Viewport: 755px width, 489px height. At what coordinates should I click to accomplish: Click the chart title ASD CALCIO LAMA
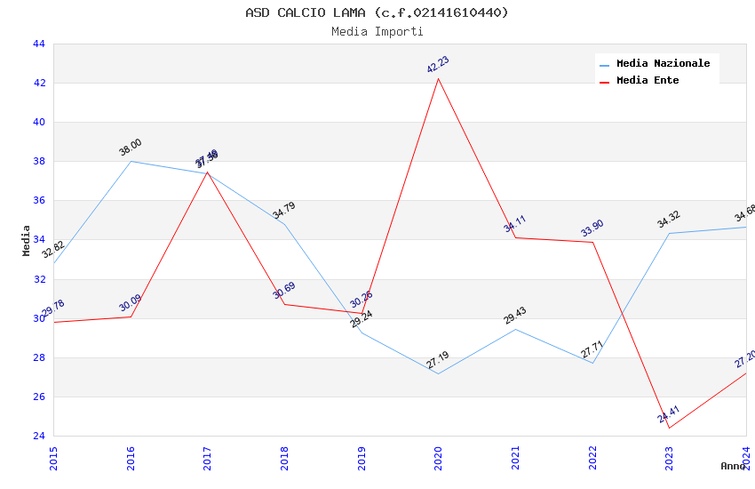point(377,12)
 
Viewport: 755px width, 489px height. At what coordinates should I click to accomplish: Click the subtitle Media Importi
point(377,31)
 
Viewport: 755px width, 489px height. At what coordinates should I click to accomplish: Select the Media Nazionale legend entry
point(663,63)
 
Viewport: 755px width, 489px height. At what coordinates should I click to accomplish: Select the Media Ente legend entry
point(647,80)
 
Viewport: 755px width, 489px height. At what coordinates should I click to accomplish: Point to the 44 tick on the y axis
point(38,44)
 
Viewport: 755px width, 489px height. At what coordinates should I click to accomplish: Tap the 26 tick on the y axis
point(38,397)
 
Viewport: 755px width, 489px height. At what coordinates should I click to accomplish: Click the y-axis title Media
point(27,240)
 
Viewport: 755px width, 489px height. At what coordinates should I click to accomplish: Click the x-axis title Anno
point(732,466)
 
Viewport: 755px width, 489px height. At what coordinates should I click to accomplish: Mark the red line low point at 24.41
point(669,428)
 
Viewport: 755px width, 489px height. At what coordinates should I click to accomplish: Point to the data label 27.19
point(437,360)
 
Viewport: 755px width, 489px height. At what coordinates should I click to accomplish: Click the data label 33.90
point(592,228)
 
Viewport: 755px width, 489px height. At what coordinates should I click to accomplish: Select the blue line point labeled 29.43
point(515,330)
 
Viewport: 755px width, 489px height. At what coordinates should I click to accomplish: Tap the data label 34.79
point(283,211)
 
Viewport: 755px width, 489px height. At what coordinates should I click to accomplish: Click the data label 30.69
point(283,290)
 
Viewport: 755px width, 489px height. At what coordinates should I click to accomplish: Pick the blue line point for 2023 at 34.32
point(669,234)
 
